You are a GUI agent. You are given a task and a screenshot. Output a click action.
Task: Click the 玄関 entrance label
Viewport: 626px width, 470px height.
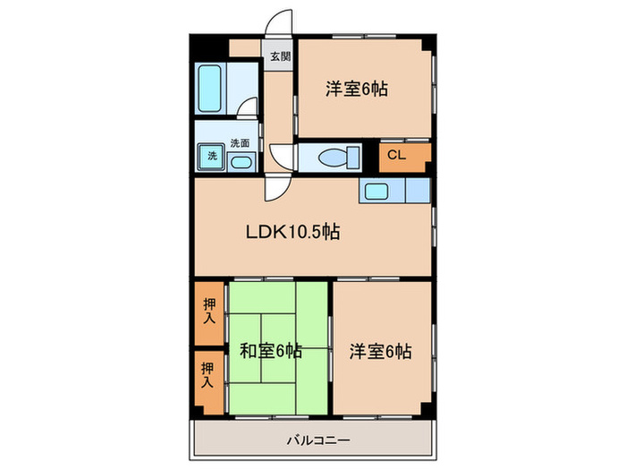point(280,56)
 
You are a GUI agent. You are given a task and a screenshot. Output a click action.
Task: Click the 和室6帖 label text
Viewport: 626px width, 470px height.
point(269,351)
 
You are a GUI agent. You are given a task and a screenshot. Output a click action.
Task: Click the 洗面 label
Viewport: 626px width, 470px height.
point(240,142)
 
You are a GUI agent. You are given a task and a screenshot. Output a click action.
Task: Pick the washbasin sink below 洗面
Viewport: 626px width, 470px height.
point(240,161)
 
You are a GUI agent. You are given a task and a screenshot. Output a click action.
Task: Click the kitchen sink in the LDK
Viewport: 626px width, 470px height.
point(374,190)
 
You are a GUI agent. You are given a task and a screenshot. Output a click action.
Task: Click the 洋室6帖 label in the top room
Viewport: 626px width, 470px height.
point(356,90)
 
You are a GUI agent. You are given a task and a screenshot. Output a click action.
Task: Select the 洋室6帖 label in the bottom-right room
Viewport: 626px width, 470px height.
point(380,351)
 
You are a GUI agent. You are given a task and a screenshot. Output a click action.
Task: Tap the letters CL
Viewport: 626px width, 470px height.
point(396,156)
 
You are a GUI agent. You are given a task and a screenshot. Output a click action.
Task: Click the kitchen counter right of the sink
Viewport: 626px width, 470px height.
point(417,190)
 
